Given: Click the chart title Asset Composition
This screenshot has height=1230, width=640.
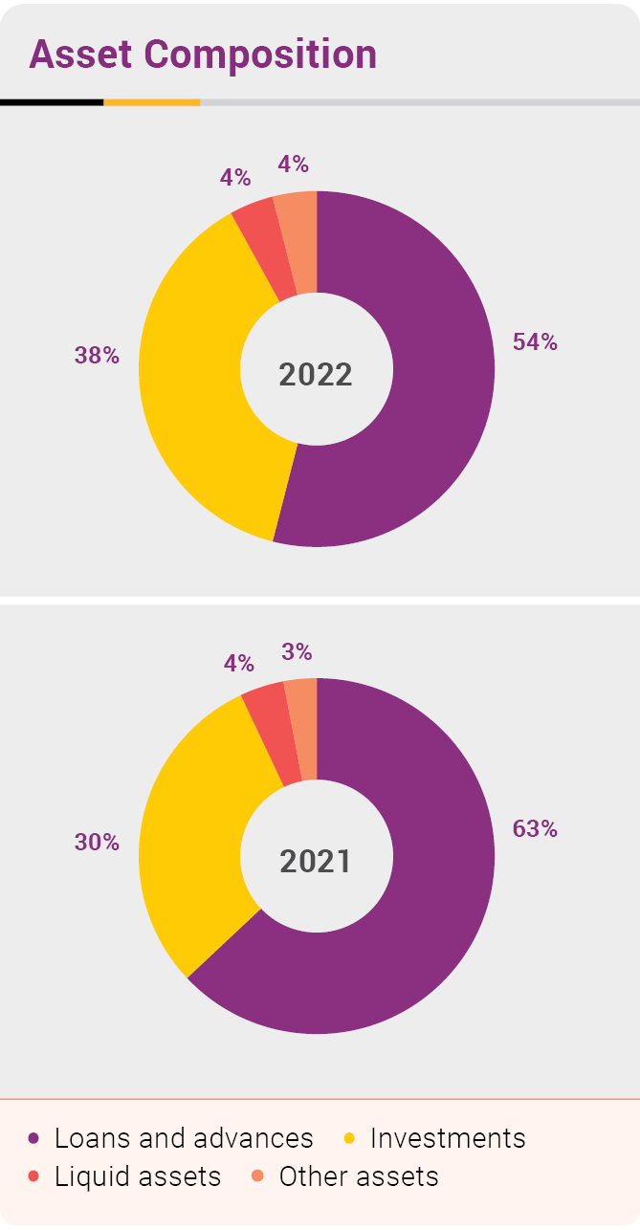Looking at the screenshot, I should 203,55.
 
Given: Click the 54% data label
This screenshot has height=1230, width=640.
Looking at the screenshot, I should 535,342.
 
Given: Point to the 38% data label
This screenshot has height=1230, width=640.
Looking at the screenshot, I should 97,356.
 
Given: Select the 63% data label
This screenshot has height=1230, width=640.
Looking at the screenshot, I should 535,829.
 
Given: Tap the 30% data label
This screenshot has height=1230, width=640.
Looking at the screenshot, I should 97,843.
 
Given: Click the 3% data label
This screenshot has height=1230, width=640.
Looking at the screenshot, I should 297,652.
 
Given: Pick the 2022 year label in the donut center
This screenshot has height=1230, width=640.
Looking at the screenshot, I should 316,374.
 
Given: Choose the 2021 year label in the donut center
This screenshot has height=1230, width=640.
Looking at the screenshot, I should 316,862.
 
